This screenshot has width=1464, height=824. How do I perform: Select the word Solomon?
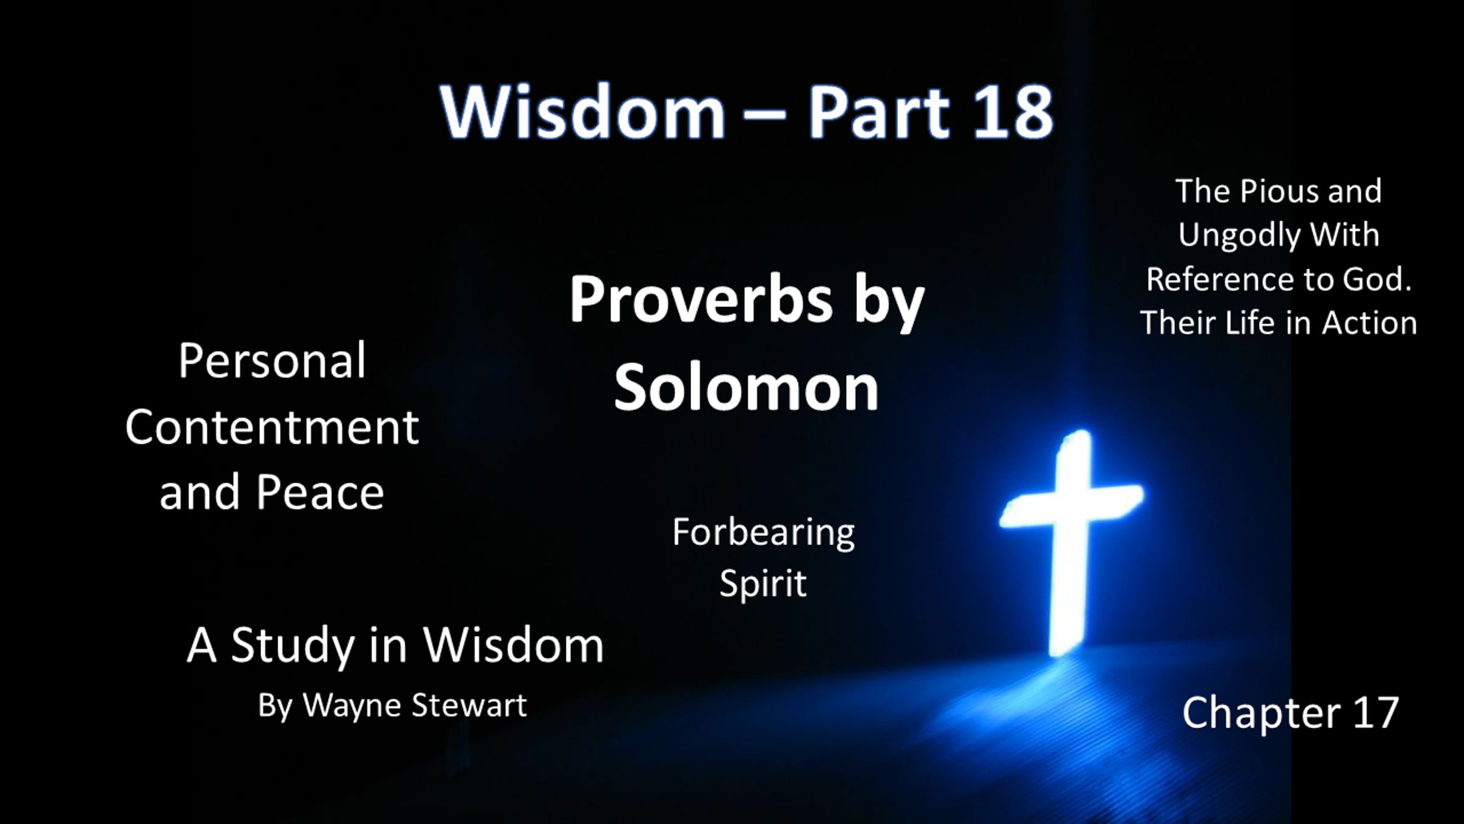pos(746,387)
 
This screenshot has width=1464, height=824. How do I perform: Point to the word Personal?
pos(272,361)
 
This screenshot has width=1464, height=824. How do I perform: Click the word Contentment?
pos(272,427)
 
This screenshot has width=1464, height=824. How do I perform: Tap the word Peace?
pos(320,493)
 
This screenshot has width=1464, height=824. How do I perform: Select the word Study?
pos(293,646)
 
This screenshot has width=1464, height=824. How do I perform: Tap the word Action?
pos(1369,323)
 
